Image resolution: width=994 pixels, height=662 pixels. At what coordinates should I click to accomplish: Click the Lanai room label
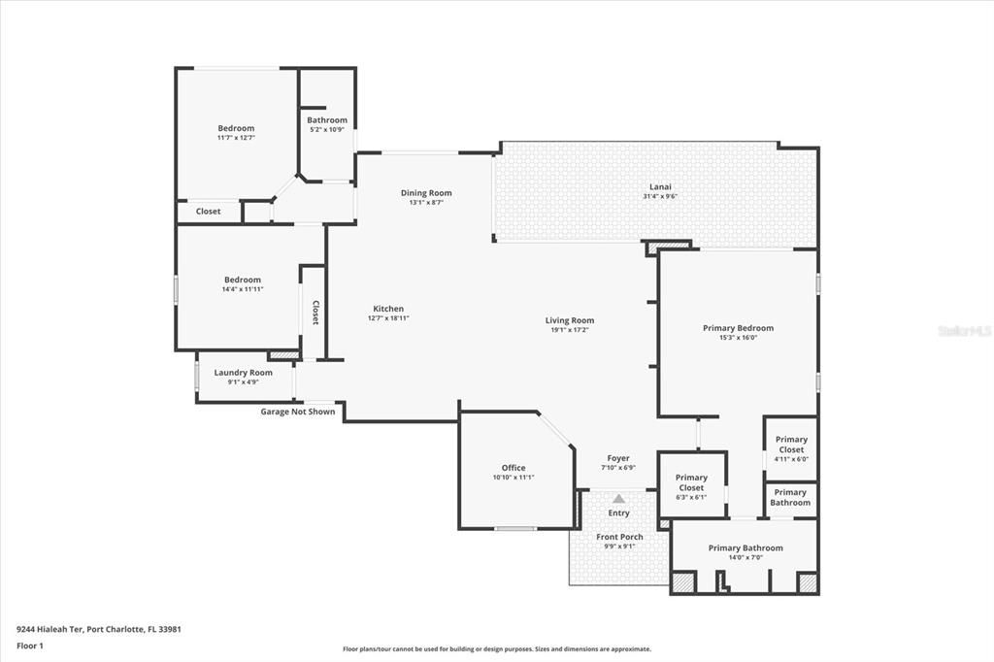click(660, 186)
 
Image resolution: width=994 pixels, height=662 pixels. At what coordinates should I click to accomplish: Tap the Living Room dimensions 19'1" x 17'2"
click(569, 330)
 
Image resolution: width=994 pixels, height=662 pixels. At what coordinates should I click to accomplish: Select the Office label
click(513, 468)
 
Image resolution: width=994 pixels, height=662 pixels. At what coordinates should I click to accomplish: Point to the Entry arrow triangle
click(618, 498)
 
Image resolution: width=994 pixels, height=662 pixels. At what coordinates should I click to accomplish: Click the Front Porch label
click(618, 537)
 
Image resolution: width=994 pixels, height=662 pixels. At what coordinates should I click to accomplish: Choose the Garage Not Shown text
click(297, 412)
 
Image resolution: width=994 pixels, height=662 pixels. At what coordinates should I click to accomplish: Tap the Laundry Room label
click(243, 373)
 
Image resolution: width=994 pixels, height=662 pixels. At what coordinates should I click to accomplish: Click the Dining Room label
click(426, 193)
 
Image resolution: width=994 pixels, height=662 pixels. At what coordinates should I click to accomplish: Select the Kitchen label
click(387, 309)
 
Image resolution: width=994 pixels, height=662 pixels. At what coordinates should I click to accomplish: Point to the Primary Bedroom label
click(738, 328)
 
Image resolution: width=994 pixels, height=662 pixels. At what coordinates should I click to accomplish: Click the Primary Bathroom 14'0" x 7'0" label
click(745, 548)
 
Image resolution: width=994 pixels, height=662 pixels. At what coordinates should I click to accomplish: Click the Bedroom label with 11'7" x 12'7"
click(236, 128)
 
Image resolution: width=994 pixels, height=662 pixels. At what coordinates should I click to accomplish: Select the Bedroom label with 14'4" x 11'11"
click(242, 280)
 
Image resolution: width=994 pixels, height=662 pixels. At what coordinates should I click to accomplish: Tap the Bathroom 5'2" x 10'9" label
click(327, 120)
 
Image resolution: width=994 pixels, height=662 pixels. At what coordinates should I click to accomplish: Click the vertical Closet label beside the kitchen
click(315, 312)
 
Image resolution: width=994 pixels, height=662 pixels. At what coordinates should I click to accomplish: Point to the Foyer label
click(618, 458)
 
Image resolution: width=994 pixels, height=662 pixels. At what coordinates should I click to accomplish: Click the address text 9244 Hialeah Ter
click(50, 629)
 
